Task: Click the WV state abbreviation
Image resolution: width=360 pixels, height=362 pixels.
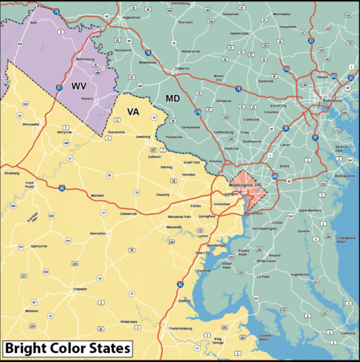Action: (x=79, y=87)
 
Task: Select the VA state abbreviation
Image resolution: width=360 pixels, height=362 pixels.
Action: (x=133, y=112)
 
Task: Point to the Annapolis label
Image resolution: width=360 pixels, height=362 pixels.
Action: (x=343, y=176)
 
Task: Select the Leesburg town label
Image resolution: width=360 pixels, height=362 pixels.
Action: (x=143, y=137)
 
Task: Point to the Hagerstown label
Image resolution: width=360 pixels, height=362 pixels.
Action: (x=132, y=17)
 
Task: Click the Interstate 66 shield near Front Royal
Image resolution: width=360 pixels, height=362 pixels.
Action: (x=61, y=189)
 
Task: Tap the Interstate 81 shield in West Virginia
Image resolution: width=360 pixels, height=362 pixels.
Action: (x=59, y=89)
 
